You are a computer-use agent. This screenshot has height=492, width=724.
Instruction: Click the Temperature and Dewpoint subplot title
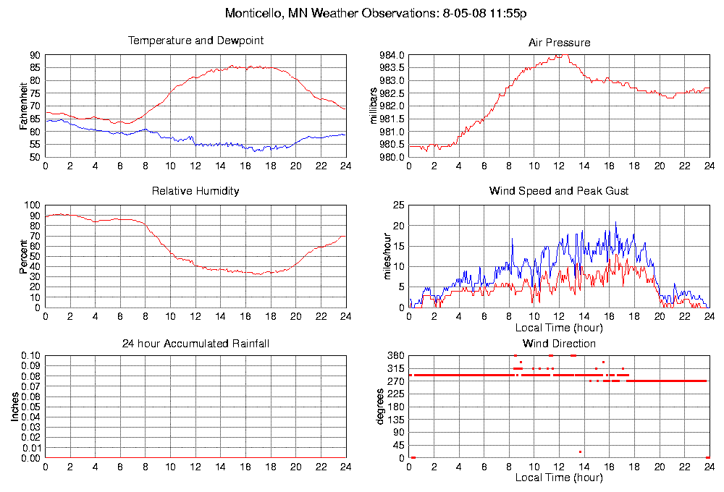pyautogui.click(x=195, y=41)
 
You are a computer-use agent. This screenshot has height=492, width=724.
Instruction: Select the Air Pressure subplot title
pyautogui.click(x=559, y=43)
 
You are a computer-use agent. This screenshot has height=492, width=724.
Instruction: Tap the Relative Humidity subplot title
pyautogui.click(x=195, y=191)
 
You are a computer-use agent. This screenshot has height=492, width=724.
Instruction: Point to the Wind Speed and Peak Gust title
pyautogui.click(x=559, y=191)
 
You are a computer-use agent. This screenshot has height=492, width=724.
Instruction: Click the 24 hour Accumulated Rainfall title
pyautogui.click(x=195, y=343)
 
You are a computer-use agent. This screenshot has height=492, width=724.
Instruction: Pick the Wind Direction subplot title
pyautogui.click(x=559, y=343)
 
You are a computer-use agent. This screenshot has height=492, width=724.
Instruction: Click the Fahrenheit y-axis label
pyautogui.click(x=23, y=106)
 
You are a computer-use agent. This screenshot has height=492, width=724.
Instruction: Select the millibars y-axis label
pyautogui.click(x=374, y=106)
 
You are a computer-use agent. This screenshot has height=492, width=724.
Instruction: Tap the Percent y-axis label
pyautogui.click(x=23, y=256)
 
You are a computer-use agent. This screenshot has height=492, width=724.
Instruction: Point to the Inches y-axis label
pyautogui.click(x=14, y=407)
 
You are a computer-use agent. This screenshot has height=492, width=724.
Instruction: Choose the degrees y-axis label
pyautogui.click(x=379, y=407)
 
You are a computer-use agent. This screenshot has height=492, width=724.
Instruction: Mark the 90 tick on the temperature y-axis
pyautogui.click(x=35, y=56)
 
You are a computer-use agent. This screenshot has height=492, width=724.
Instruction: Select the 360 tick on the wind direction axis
pyautogui.click(x=395, y=356)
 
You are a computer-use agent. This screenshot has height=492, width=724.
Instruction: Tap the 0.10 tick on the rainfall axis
pyautogui.click(x=30, y=356)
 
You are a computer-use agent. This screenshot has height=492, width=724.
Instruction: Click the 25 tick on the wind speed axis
pyautogui.click(x=397, y=205)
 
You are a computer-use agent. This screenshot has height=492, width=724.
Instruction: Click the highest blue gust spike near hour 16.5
pyautogui.click(x=616, y=223)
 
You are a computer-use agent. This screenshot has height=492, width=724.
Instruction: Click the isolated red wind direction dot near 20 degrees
pyautogui.click(x=580, y=452)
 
